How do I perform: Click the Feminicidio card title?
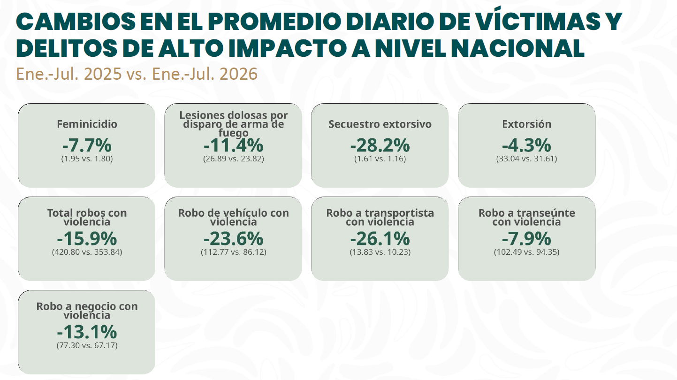point(87,124)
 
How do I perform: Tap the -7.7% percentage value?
point(87,145)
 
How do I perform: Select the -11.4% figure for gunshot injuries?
point(233,145)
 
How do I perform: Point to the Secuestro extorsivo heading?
point(380,124)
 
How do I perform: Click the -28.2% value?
point(380,145)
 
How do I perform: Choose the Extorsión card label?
point(526,124)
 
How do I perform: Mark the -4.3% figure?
point(526,145)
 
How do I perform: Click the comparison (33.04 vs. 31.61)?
point(526,159)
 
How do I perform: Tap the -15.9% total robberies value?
point(87,239)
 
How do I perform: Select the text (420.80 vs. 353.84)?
point(87,252)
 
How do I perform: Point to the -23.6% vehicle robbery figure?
point(233,239)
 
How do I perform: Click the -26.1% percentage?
point(380,239)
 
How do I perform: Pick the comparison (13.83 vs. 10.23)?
point(380,252)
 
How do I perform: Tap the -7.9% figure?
point(526,239)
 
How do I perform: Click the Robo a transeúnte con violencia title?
point(526,217)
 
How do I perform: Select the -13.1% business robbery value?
point(87,332)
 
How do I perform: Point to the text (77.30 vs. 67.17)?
point(87,346)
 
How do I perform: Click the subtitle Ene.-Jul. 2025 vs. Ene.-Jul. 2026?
point(137,74)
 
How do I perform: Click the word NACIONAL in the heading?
point(517,48)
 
